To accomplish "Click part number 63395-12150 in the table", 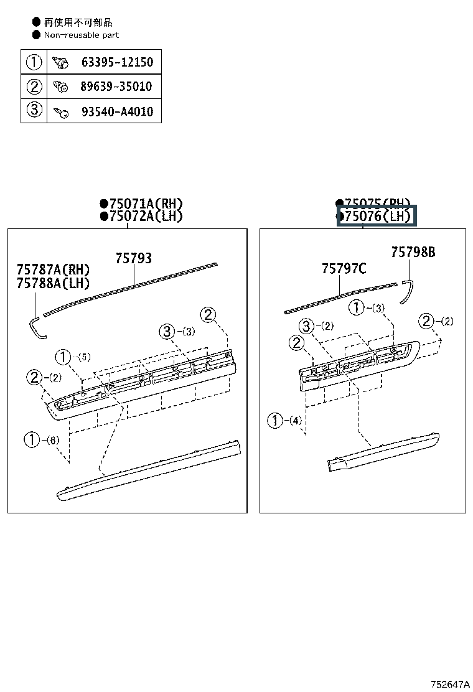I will coord(116,62).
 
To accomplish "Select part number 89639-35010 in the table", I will coord(116,86).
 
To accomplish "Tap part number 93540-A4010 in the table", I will coord(116,111).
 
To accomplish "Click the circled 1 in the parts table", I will coord(34,62).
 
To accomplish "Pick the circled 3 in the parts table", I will coord(34,111).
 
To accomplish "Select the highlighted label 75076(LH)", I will coord(377,217).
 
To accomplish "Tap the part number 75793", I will coord(133,258).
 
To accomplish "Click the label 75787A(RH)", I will coord(53,269).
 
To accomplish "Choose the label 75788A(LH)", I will coord(53,283).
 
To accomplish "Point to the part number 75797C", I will coord(344,269).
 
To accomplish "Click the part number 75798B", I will coord(413,252).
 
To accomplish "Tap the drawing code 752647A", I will coord(449,684).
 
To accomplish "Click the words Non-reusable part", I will coord(81,35).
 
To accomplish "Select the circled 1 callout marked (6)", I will coord(32,439).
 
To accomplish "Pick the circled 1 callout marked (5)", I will coord(63,357).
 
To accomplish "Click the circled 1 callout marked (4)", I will coord(275,420).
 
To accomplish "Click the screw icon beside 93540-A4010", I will coord(61,112).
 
